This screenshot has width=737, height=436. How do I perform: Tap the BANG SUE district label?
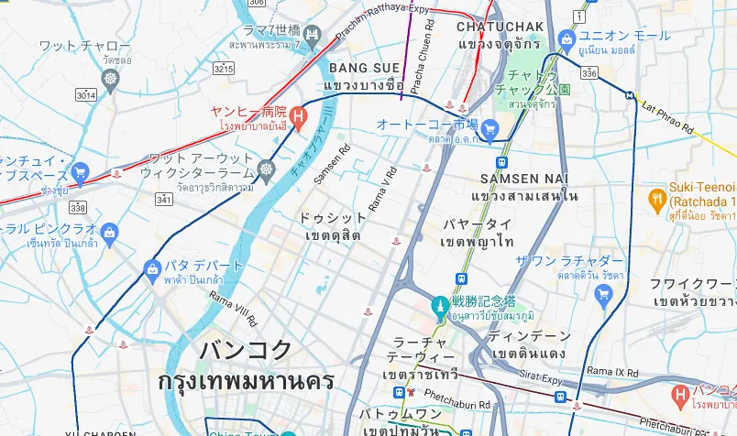point(364,69)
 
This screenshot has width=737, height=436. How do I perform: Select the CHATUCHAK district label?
point(500,27)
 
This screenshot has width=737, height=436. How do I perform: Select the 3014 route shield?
point(86,94)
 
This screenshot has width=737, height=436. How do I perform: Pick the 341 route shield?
point(164,199)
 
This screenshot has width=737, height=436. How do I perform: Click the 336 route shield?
point(589,72)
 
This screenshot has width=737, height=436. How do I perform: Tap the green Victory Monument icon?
point(441,304)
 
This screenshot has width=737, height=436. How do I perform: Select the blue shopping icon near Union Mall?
point(566,38)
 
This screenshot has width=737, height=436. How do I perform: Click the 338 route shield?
point(78,208)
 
